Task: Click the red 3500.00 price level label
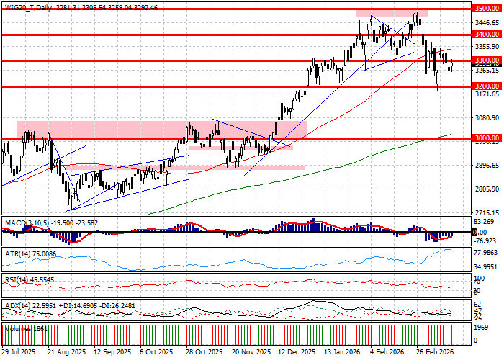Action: pyautogui.click(x=487, y=9)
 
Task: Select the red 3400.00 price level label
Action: pyautogui.click(x=487, y=35)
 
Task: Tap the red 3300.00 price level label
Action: pyautogui.click(x=487, y=60)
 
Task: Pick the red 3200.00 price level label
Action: pyautogui.click(x=487, y=86)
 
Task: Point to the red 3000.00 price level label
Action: pyautogui.click(x=487, y=138)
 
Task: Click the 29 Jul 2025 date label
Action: pyautogui.click(x=18, y=353)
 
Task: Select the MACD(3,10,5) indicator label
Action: pyautogui.click(x=27, y=223)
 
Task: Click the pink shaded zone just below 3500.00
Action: pyautogui.click(x=392, y=13)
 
